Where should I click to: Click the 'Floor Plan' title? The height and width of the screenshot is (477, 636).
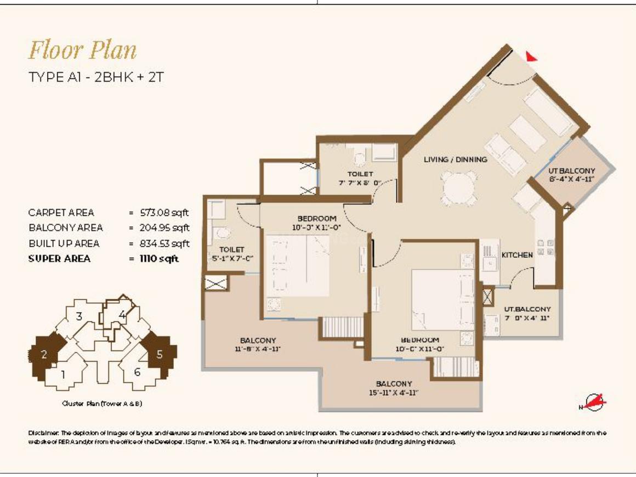click(x=82, y=50)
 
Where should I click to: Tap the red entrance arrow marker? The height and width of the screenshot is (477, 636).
click(x=531, y=56)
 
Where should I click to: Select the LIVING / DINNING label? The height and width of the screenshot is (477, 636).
click(x=455, y=160)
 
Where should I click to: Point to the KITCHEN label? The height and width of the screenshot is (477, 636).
click(x=517, y=255)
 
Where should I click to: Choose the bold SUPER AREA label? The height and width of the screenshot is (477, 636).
click(x=59, y=259)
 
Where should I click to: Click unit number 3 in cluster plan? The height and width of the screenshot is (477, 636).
click(x=79, y=316)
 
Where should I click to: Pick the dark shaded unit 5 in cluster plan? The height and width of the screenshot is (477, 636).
click(x=160, y=354)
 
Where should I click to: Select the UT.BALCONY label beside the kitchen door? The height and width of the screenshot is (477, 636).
click(x=527, y=309)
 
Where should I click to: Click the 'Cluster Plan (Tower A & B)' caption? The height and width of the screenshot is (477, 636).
click(x=103, y=404)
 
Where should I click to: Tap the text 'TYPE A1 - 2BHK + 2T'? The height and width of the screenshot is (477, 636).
click(x=96, y=77)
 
